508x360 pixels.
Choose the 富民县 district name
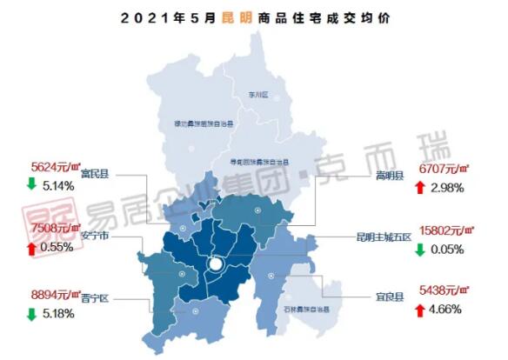point(94,174)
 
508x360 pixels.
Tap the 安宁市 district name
point(94,235)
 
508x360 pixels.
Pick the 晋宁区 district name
point(94,296)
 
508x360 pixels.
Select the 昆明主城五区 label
point(384,235)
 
